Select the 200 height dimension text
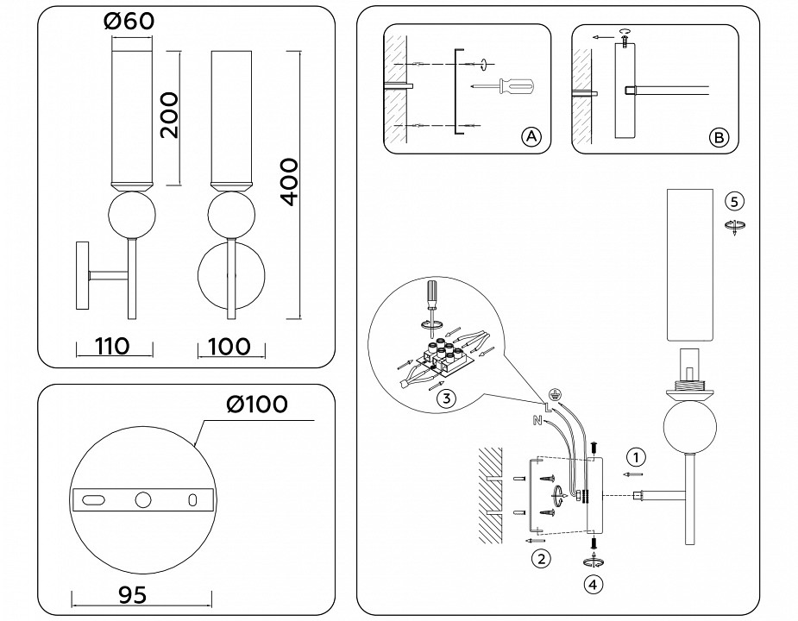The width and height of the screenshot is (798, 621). pyautogui.click(x=170, y=115)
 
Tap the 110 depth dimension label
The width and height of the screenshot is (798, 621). pyautogui.click(x=112, y=347)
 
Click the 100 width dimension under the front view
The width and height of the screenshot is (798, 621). pyautogui.click(x=229, y=347)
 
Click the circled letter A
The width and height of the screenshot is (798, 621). pyautogui.click(x=531, y=137)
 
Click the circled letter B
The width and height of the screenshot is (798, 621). pyautogui.click(x=718, y=137)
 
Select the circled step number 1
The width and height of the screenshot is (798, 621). pyautogui.click(x=634, y=456)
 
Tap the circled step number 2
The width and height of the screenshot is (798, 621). pyautogui.click(x=540, y=559)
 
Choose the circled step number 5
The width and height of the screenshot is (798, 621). pyautogui.click(x=734, y=202)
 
